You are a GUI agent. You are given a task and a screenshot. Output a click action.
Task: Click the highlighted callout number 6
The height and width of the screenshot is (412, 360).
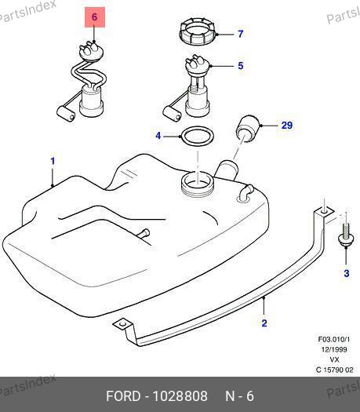pos(95,17)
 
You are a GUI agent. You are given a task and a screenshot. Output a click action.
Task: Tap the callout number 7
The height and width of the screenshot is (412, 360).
pos(241,34)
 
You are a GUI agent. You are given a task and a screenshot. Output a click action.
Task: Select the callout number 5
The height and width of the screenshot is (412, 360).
pos(241,65)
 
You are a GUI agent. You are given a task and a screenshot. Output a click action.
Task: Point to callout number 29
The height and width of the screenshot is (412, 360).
pos(287,125)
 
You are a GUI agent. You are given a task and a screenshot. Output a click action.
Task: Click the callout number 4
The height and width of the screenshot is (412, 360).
pos(158,136)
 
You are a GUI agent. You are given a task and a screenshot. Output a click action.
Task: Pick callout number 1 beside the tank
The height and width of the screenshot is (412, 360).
pos(53,161)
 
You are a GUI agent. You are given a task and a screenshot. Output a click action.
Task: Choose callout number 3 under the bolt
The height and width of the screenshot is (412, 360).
pos(347,273)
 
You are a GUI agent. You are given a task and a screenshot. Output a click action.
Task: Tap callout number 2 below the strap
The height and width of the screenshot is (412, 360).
pos(264,323)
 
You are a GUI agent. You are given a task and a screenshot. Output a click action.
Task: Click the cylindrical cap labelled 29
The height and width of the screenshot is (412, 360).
pos(249,128)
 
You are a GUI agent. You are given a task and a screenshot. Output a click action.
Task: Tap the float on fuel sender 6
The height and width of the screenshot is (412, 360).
pos(66,113)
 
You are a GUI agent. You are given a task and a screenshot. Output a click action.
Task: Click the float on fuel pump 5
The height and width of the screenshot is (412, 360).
pos(172,114)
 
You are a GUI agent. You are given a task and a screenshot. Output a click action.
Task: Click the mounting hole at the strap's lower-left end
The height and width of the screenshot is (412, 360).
pos(122,324)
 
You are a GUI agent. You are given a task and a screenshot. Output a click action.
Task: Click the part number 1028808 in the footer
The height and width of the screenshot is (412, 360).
pos(180,396)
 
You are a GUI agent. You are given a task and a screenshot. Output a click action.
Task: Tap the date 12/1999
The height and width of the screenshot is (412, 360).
pos(334,349)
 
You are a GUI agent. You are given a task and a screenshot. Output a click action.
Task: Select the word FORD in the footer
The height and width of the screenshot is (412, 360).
pos(123,396)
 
